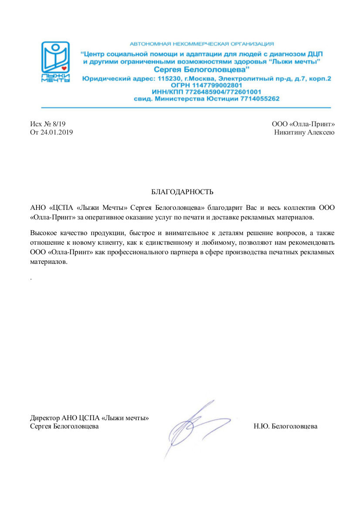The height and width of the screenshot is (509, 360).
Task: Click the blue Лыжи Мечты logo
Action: click(55, 61)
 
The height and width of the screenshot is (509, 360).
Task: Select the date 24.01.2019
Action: click(57, 132)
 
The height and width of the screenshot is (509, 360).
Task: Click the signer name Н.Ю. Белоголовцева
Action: click(285, 426)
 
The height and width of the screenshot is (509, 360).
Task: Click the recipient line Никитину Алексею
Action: click(304, 132)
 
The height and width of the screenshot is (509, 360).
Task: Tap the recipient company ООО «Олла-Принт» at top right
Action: click(303, 124)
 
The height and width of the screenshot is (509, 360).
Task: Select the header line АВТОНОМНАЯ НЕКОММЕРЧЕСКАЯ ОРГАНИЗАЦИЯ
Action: click(202, 44)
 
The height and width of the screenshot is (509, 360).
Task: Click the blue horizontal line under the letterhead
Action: click(186, 108)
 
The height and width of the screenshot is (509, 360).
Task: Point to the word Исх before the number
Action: click(36, 124)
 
